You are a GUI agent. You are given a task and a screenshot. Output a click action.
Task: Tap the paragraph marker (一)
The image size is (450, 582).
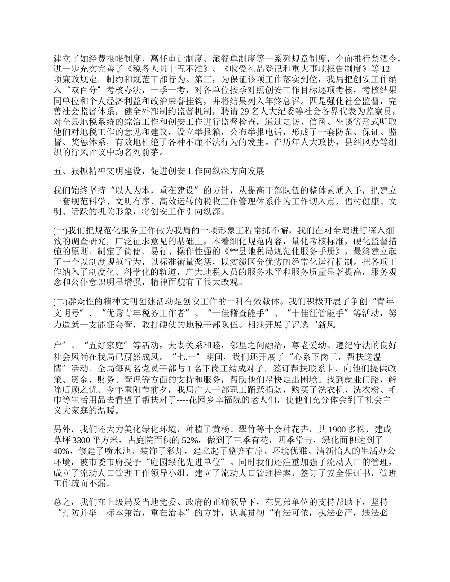[60, 231]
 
